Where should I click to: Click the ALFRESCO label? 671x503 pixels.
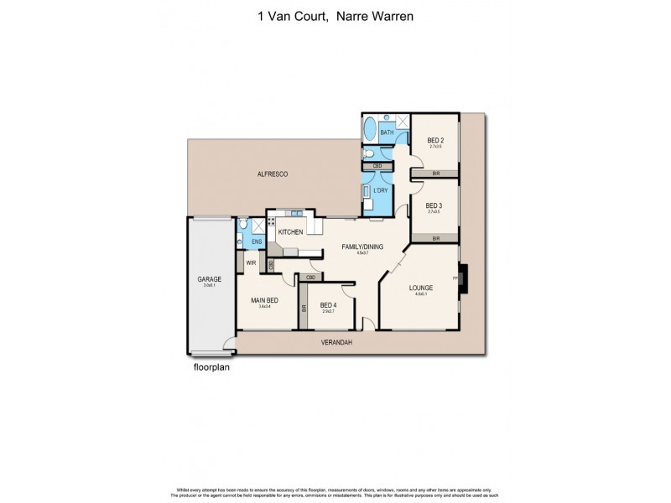click(273, 173)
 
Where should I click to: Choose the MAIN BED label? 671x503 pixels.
click(264, 299)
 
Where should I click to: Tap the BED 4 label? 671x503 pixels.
click(329, 304)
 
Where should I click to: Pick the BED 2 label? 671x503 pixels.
click(434, 140)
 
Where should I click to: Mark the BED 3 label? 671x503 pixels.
click(434, 205)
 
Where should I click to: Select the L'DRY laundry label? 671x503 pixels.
click(380, 190)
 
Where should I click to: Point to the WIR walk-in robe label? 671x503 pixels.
click(251, 262)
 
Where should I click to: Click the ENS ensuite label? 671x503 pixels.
click(257, 241)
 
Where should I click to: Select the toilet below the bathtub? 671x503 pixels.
click(370, 153)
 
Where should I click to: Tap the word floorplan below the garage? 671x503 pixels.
click(211, 366)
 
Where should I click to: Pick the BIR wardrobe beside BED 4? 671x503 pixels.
click(304, 309)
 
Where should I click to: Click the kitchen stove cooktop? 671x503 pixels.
click(271, 224)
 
